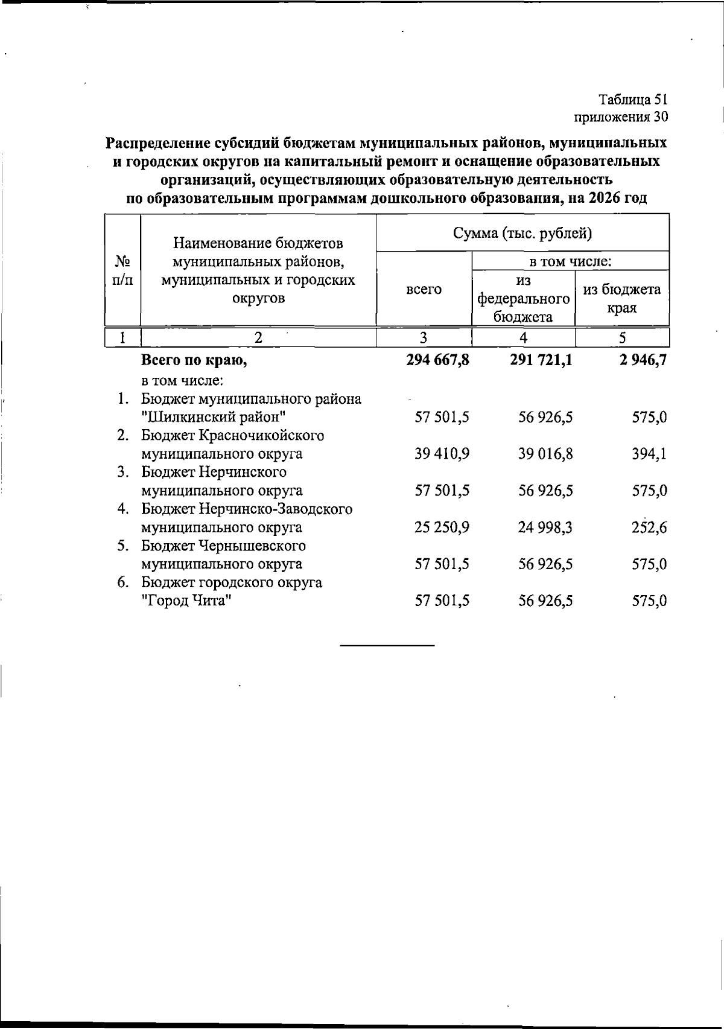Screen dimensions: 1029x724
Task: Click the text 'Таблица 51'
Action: click(633, 99)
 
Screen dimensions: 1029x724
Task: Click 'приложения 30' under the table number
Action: click(621, 116)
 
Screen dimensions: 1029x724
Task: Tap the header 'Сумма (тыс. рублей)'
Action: click(522, 233)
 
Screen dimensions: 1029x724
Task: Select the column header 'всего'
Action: click(424, 289)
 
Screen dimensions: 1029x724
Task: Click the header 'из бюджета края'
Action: click(621, 298)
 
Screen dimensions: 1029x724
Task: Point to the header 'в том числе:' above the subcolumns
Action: click(570, 261)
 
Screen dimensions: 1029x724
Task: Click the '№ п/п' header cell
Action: click(123, 270)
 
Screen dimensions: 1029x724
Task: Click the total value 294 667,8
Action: click(438, 361)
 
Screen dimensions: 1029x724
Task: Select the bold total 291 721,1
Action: click(540, 361)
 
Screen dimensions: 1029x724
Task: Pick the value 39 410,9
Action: click(442, 454)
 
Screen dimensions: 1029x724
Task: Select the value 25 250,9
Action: click(442, 528)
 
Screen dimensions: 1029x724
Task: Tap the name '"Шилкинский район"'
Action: click(212, 418)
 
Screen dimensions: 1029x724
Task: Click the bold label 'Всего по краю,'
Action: click(194, 361)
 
